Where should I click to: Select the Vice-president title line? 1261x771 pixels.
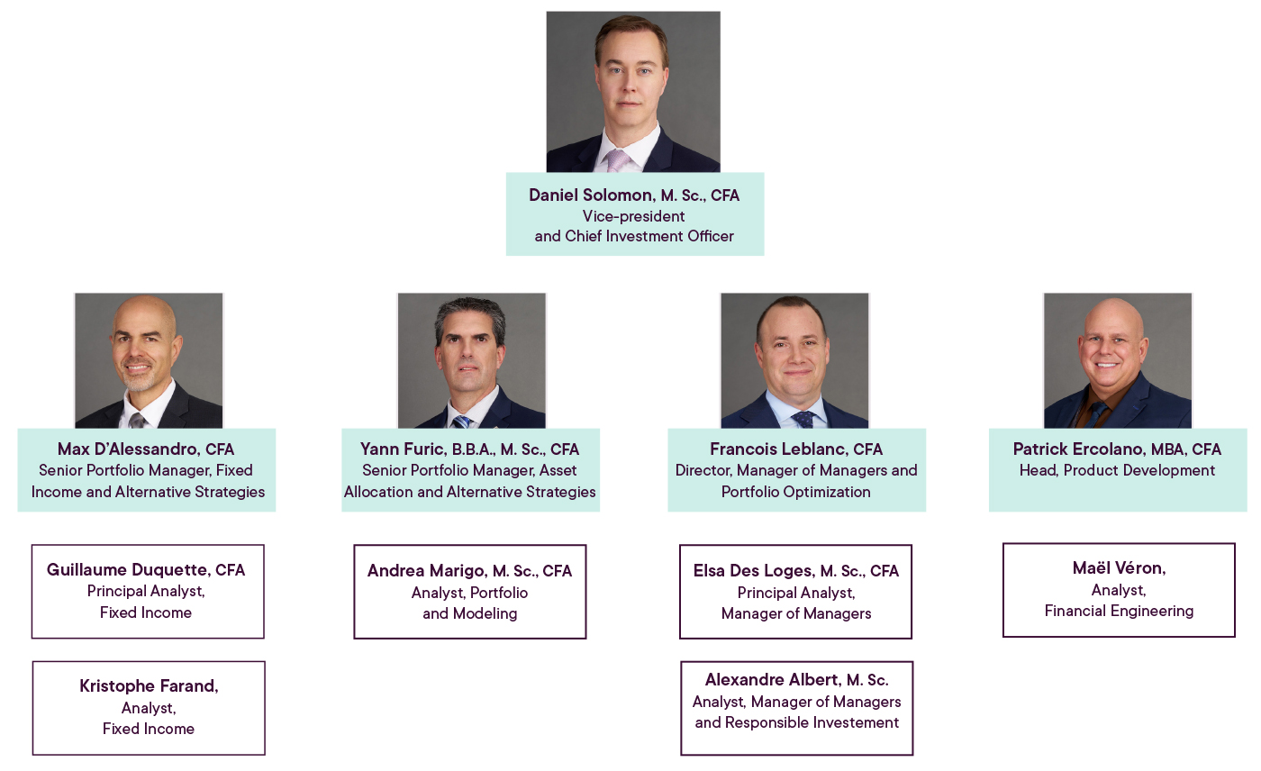[633, 216]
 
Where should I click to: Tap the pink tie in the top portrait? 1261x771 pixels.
[618, 159]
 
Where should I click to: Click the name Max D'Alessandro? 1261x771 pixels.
[127, 449]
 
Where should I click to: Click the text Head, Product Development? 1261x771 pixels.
[1117, 470]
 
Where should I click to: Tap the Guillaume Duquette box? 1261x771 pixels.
[148, 591]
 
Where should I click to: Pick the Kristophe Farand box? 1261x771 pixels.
[149, 707]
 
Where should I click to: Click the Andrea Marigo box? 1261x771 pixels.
[470, 591]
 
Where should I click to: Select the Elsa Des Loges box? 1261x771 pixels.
[796, 591]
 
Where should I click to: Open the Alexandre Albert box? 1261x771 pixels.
[797, 707]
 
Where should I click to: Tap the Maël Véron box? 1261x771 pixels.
[1119, 589]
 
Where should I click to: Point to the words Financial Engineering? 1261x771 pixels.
[1119, 611]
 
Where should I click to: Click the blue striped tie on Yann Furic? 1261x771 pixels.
[462, 421]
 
